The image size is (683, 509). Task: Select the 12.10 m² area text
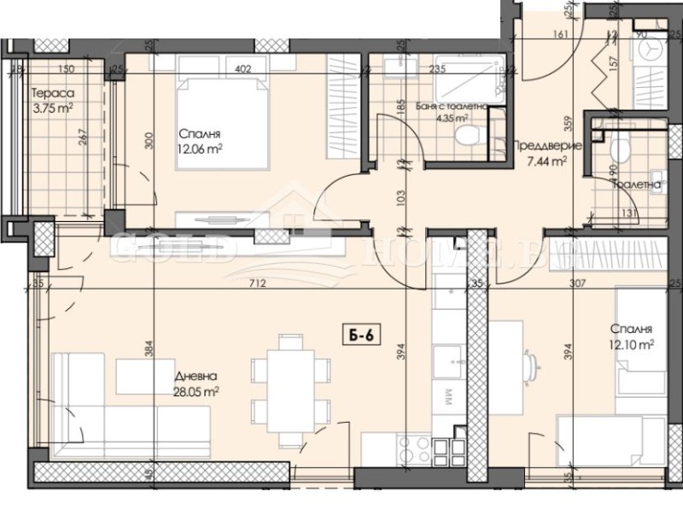tap(633, 344)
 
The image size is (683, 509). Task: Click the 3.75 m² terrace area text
tap(52, 108)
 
